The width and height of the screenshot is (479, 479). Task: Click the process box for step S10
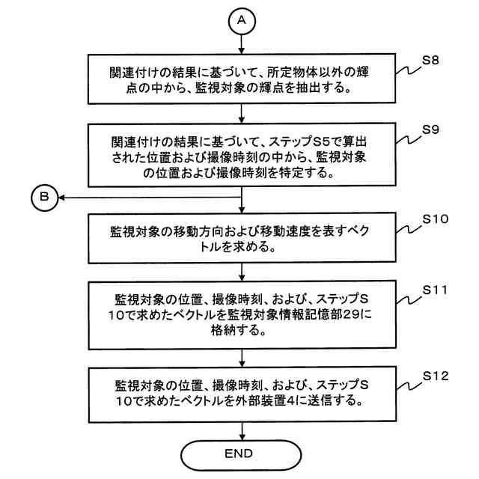coord(241,237)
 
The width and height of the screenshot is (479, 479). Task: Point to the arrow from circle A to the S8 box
coord(241,43)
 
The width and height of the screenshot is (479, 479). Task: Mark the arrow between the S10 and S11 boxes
coord(241,270)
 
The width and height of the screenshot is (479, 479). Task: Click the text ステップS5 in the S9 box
coord(308,141)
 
